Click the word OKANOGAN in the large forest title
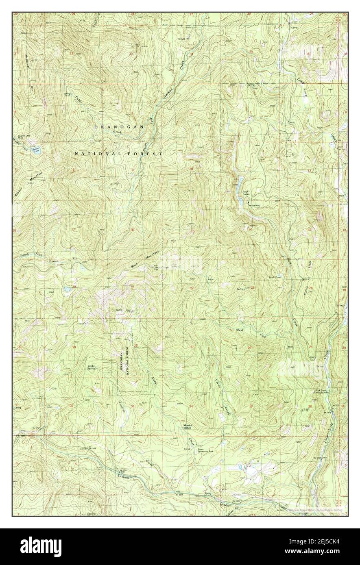click(119, 127)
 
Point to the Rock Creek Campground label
click(321, 392)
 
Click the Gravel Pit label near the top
click(183, 39)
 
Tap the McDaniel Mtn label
click(30, 71)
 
